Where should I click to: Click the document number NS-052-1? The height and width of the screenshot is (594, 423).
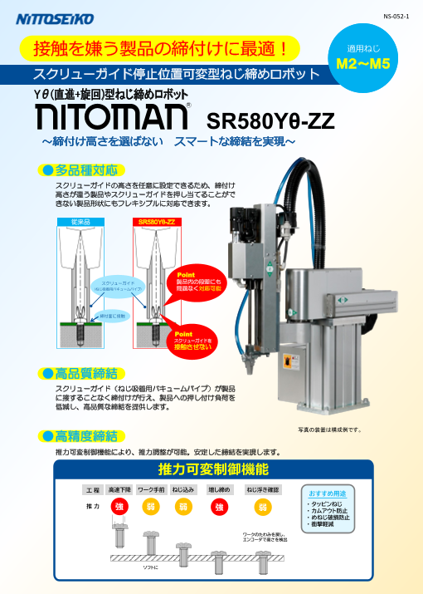pyautogui.click(x=396, y=16)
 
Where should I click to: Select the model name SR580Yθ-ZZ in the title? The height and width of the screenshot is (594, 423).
pyautogui.click(x=270, y=121)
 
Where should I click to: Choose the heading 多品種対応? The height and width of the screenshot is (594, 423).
pyautogui.click(x=85, y=169)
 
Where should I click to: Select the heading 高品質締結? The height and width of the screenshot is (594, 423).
pyautogui.click(x=85, y=372)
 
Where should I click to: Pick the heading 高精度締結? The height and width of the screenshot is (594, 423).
pyautogui.click(x=85, y=436)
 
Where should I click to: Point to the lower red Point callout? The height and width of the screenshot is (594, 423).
pyautogui.click(x=192, y=340)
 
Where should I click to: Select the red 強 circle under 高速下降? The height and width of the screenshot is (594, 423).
pyautogui.click(x=119, y=507)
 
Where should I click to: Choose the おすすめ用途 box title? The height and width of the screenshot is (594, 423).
pyautogui.click(x=327, y=493)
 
